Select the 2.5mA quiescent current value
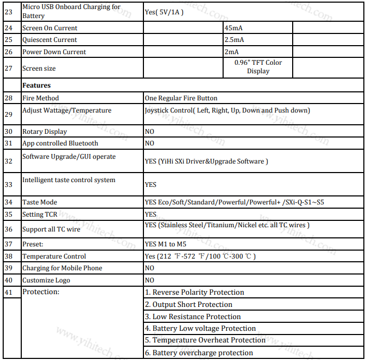[x=234, y=40]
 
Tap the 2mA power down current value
[x=232, y=52]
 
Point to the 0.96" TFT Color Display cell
[x=258, y=67]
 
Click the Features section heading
[x=37, y=85]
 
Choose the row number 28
[x=9, y=98]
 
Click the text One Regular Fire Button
[x=181, y=98]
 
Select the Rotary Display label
[x=45, y=131]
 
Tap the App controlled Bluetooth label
[x=60, y=143]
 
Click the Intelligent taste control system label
[x=69, y=180]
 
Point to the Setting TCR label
[x=40, y=215]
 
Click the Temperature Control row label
[x=54, y=256]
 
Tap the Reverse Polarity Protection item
[x=194, y=293]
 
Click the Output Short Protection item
[x=189, y=305]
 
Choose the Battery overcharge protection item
[x=199, y=353]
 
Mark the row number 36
[x=9, y=229]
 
